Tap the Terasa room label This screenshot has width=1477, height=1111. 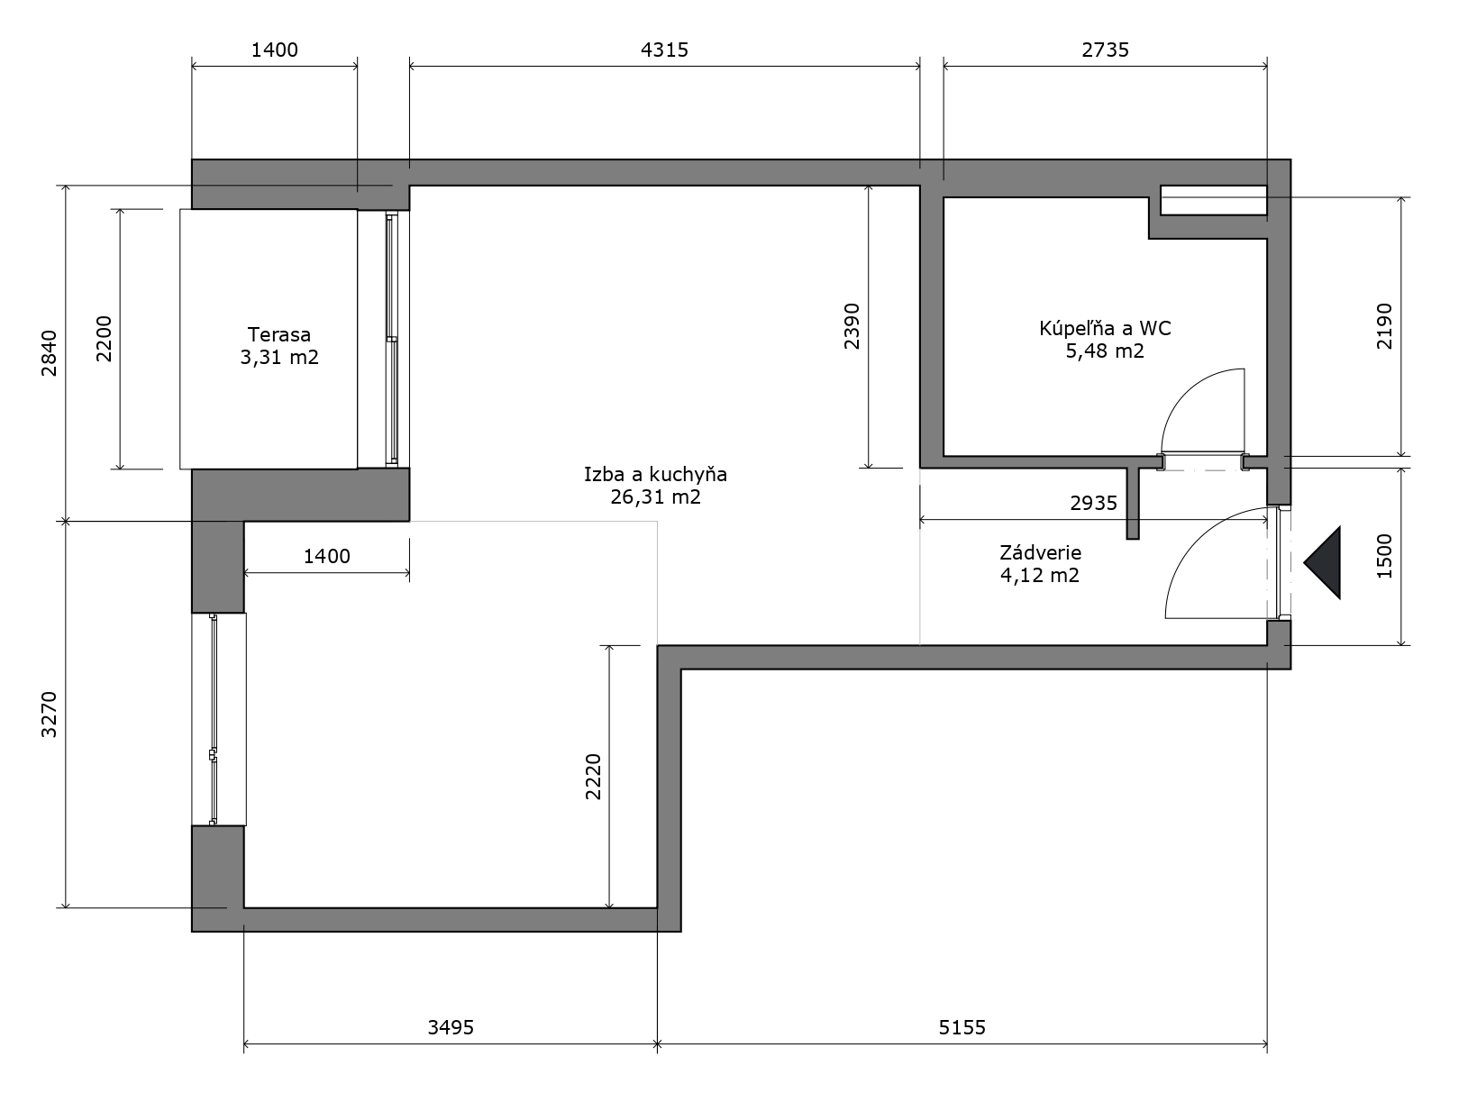click(x=279, y=334)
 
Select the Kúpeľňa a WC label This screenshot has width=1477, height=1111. click(x=1105, y=328)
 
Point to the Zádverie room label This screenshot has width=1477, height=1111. click(x=1040, y=553)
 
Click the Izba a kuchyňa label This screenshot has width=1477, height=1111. click(x=655, y=475)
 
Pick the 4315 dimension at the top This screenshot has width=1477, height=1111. click(x=664, y=50)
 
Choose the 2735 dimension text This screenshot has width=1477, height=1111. click(x=1105, y=50)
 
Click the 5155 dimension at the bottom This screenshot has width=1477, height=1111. click(x=962, y=1027)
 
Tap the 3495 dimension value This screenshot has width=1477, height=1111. click(x=451, y=1027)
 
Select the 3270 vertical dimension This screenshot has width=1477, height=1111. click(x=50, y=715)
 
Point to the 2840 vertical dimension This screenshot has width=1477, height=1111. click(x=50, y=353)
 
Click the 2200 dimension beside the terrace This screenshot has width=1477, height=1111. click(x=104, y=339)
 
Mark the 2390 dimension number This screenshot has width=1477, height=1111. click(x=852, y=326)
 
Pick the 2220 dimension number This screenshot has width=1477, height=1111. click(x=593, y=777)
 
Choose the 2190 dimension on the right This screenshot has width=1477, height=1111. click(x=1384, y=326)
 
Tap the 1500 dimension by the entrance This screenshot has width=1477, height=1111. click(x=1384, y=556)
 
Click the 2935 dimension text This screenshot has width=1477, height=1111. click(x=1093, y=503)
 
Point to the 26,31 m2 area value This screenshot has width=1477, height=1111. click(x=655, y=497)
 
